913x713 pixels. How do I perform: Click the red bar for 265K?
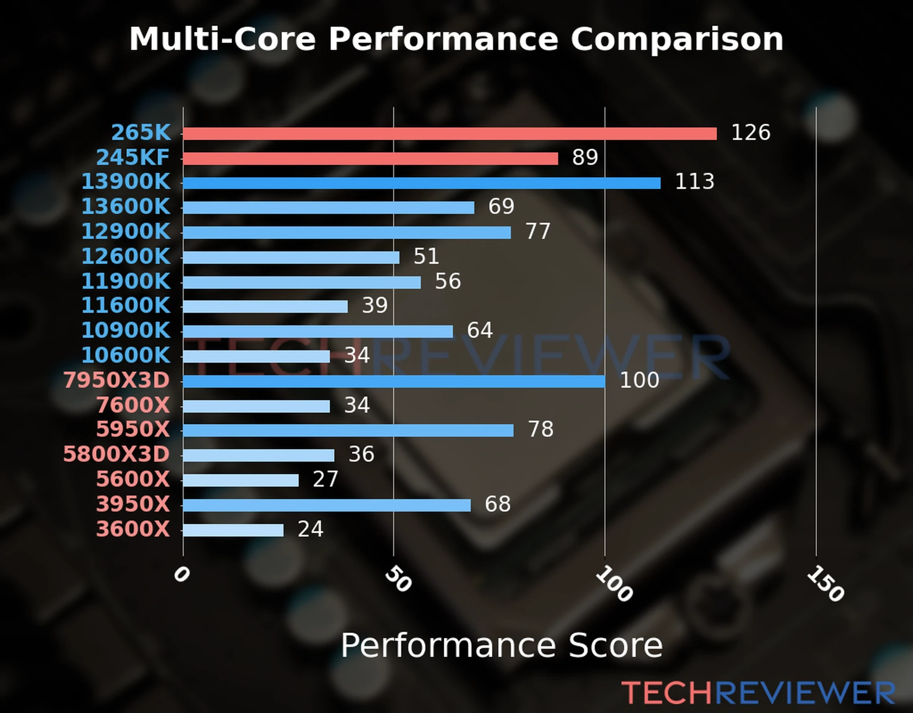(449, 134)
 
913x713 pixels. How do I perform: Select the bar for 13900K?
(421, 183)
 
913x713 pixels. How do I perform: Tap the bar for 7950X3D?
(393, 381)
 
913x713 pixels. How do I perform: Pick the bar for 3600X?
(233, 530)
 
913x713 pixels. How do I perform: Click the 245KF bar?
(370, 159)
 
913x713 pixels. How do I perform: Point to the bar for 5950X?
(348, 430)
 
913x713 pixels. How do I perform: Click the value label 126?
(750, 132)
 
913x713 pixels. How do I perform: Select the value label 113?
(694, 182)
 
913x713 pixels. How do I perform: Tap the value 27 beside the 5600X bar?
(325, 479)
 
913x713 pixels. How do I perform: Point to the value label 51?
(426, 257)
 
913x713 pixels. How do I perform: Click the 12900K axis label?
(125, 232)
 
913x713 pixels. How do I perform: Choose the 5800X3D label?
(117, 455)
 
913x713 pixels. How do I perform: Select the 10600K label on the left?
(125, 355)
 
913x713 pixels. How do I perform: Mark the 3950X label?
(133, 504)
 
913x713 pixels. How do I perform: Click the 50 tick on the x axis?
(398, 579)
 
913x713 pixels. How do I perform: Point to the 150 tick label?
(825, 583)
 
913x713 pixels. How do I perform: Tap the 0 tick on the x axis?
(181, 575)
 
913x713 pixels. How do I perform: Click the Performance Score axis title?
(501, 646)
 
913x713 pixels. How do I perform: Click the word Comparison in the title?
(676, 39)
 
